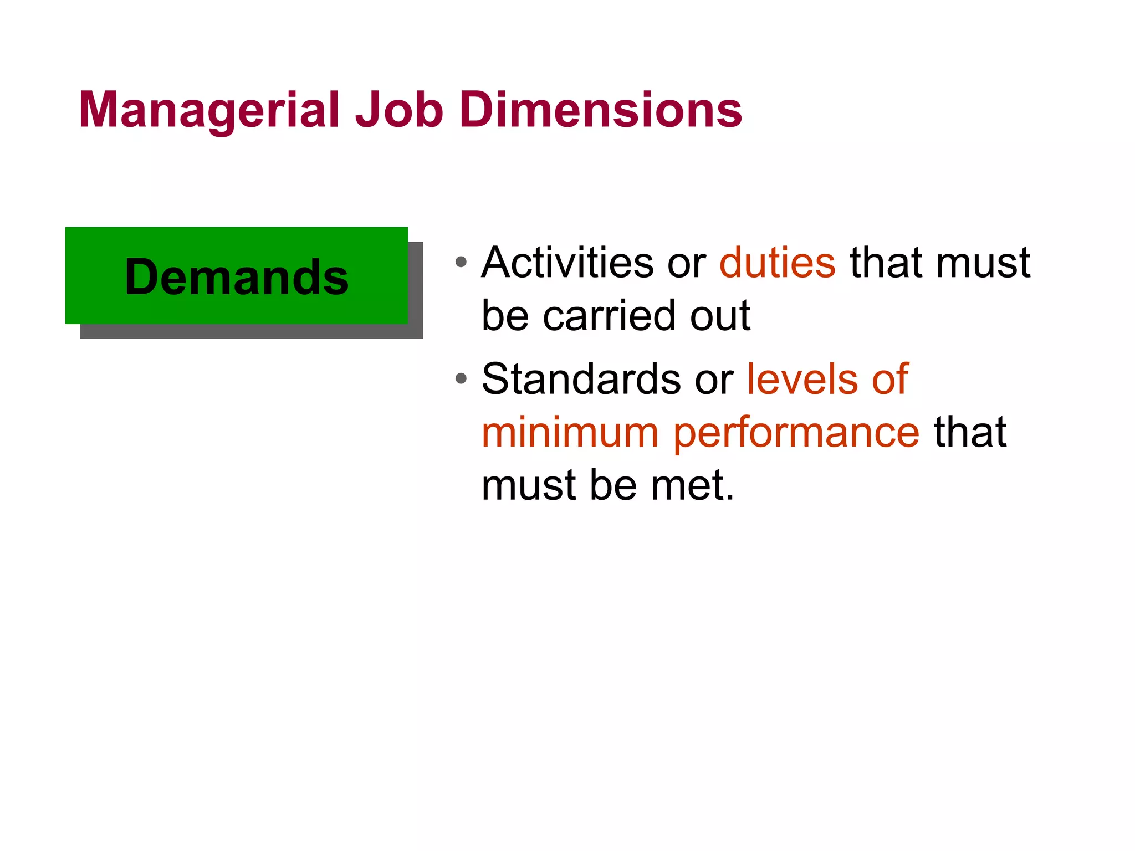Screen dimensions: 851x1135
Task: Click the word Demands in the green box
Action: (x=237, y=277)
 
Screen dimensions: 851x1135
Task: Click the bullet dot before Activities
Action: (x=461, y=262)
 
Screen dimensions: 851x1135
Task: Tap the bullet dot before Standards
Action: (x=461, y=379)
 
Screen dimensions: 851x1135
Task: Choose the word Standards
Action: (x=581, y=379)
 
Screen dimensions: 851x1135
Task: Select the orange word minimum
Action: (x=570, y=433)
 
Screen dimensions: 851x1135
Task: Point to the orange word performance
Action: (x=796, y=434)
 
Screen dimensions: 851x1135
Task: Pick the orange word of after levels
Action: (x=890, y=379)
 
